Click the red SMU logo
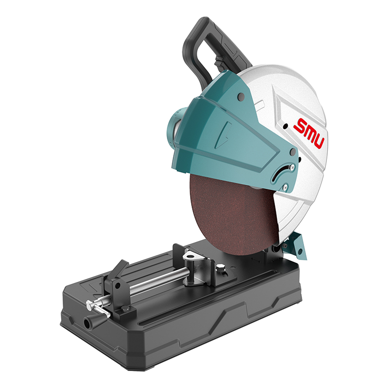pyautogui.click(x=309, y=132)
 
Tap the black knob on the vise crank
pyautogui.click(x=89, y=322)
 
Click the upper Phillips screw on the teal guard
pyautogui.click(x=292, y=167)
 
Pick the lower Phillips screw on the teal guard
pyautogui.click(x=285, y=187)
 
